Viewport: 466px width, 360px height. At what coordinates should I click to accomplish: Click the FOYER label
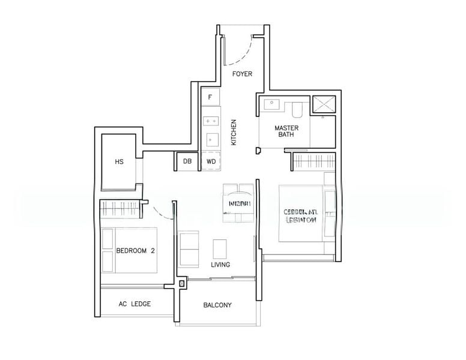point(243,74)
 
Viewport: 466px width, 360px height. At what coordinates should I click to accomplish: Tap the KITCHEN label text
point(234,132)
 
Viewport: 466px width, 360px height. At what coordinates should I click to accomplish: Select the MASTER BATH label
point(287,131)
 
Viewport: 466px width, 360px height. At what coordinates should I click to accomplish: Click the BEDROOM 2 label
point(136,251)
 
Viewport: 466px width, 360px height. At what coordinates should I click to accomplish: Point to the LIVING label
point(220,265)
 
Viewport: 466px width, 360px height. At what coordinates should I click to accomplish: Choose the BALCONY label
point(217,305)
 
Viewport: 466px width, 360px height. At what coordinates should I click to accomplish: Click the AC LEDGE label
point(134,304)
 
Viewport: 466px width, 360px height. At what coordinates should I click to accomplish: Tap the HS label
point(119,162)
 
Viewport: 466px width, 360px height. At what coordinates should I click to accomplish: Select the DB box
point(187,161)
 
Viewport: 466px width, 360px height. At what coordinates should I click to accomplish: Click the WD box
point(211,161)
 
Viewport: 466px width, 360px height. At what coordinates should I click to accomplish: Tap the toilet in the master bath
point(297,109)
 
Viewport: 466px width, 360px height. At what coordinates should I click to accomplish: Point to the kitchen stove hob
point(211,121)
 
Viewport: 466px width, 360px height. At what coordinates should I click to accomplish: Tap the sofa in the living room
point(190,250)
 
